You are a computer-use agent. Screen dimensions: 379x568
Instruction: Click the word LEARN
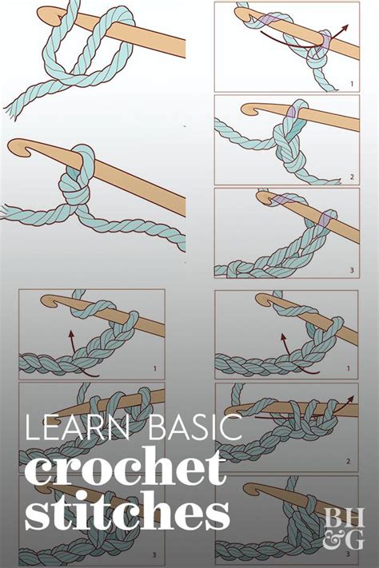pos(78,428)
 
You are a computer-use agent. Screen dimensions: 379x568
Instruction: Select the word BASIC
pos(195,428)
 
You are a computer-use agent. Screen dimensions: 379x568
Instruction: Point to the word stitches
pos(127,510)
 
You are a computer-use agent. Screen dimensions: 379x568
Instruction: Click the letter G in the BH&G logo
pos(353,541)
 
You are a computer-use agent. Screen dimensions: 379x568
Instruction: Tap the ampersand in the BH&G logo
pos(331,541)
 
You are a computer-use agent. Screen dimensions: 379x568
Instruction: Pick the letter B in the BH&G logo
pos(333,518)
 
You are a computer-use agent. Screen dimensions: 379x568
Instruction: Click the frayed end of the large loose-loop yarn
pos(11,110)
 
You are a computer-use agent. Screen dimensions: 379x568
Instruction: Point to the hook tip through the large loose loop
pos(46,16)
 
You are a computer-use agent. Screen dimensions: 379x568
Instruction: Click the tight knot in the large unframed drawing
pos(75,189)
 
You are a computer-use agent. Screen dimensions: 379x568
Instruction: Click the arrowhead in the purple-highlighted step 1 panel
pos(344,28)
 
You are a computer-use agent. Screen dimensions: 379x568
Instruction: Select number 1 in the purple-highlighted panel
pos(352,84)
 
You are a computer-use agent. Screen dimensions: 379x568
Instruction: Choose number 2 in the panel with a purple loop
pos(352,177)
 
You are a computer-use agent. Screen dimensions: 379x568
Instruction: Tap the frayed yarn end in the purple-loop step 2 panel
pos(337,181)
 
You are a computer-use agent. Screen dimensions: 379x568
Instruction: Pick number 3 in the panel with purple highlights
pos(352,270)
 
